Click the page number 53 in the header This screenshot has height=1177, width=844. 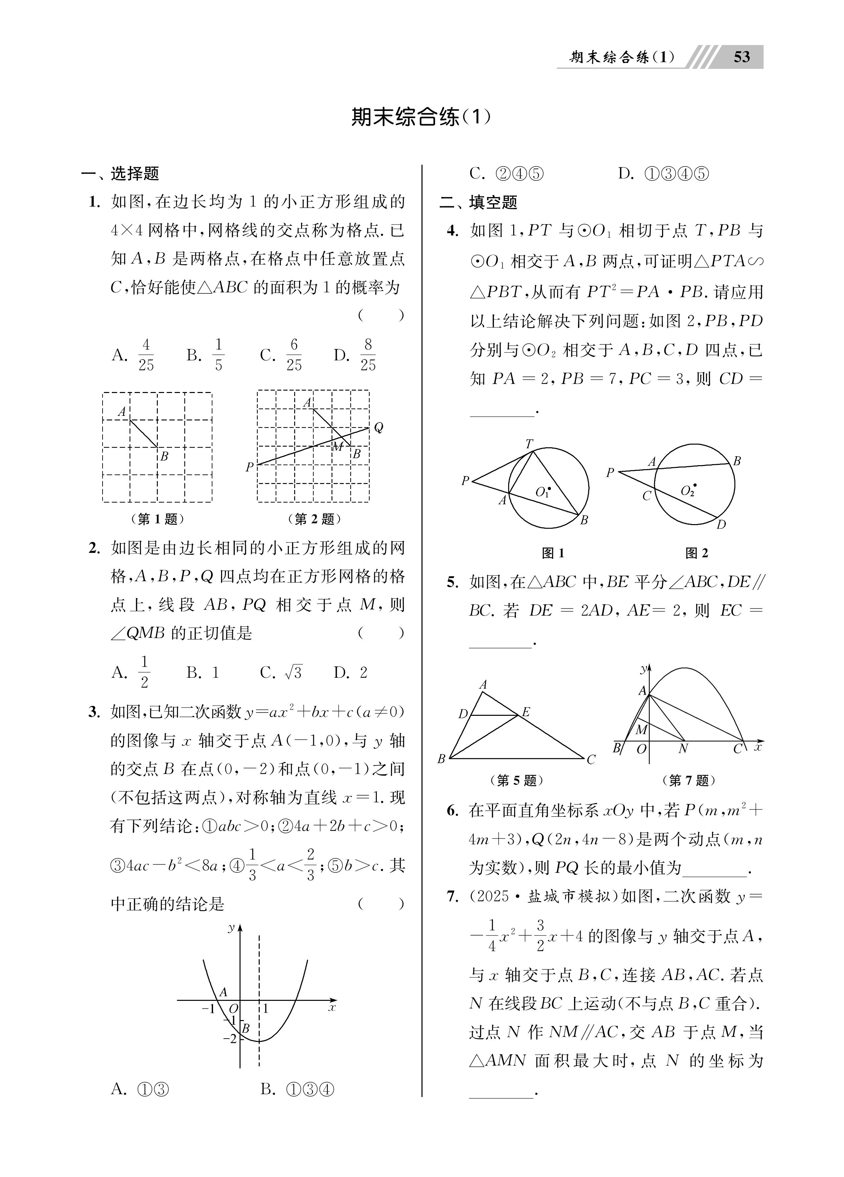coord(742,57)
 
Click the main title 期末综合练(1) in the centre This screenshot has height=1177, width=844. coord(421,117)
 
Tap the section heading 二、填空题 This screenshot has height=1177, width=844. coord(478,202)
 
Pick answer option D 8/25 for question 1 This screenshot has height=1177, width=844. coord(355,355)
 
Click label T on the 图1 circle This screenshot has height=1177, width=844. coord(529,444)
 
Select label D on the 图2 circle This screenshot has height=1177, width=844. coord(721,525)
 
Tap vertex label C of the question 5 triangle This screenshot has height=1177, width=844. coord(591,760)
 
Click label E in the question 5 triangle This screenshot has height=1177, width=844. coord(525,712)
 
